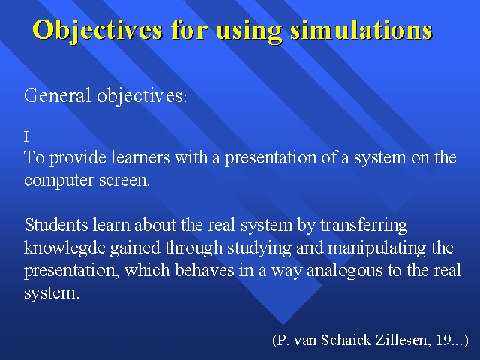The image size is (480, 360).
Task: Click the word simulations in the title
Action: pyautogui.click(x=361, y=30)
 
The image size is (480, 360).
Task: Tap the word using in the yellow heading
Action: pyautogui.click(x=248, y=31)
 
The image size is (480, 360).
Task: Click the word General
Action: pyautogui.click(x=58, y=95)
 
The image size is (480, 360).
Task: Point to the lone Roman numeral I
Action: pyautogui.click(x=26, y=136)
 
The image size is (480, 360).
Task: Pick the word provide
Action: pyautogui.click(x=77, y=158)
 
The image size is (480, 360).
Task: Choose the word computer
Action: pyautogui.click(x=59, y=181)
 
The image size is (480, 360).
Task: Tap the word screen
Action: pyautogui.click(x=124, y=181)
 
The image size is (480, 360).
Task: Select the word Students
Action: pyautogui.click(x=56, y=225)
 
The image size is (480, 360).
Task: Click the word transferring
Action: pyautogui.click(x=364, y=226)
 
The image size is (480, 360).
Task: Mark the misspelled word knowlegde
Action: pyautogui.click(x=65, y=248)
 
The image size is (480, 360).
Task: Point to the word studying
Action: pyautogui.click(x=259, y=248)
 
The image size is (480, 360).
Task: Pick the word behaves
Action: pyautogui.click(x=205, y=270)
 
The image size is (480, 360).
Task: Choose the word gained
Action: pyautogui.click(x=135, y=248)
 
